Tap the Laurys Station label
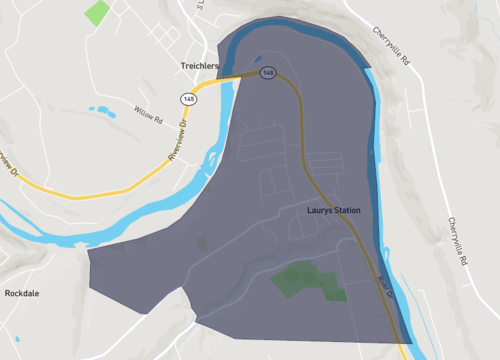pyautogui.click(x=333, y=211)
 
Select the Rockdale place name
pyautogui.click(x=22, y=294)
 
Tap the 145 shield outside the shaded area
pyautogui.click(x=187, y=99)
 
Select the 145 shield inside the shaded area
pyautogui.click(x=268, y=73)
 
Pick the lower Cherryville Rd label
pyautogui.click(x=459, y=240)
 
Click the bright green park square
pyautogui.click(x=97, y=13)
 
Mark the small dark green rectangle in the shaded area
pyautogui.click(x=202, y=244)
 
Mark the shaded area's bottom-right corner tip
pyautogui.click(x=408, y=343)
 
